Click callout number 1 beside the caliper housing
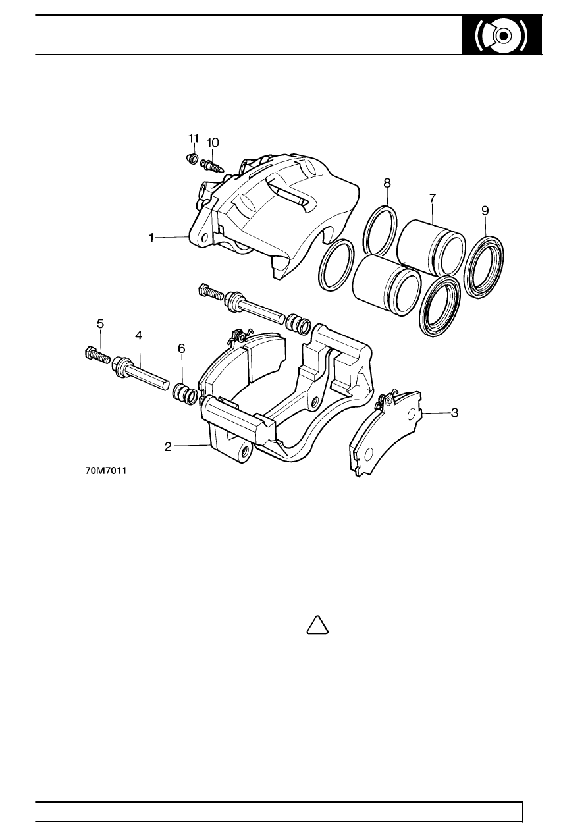(x=151, y=238)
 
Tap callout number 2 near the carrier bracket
(x=168, y=447)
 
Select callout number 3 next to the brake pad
(x=454, y=412)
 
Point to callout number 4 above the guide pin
(x=138, y=335)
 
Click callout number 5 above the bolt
(x=100, y=323)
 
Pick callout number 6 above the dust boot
(x=182, y=348)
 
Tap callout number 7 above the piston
(x=432, y=198)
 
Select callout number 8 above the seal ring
(x=387, y=183)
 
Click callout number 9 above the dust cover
(x=485, y=211)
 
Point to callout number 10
(x=213, y=142)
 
